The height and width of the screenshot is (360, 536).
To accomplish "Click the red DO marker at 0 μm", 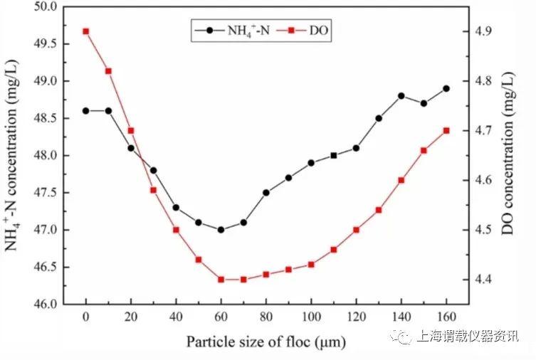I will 86,31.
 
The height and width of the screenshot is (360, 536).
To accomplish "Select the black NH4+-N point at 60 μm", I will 221,230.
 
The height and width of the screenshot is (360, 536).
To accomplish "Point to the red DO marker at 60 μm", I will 221,280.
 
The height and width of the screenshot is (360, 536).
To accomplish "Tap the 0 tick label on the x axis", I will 86,317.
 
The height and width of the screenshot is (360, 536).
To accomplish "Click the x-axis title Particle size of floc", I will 266,342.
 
